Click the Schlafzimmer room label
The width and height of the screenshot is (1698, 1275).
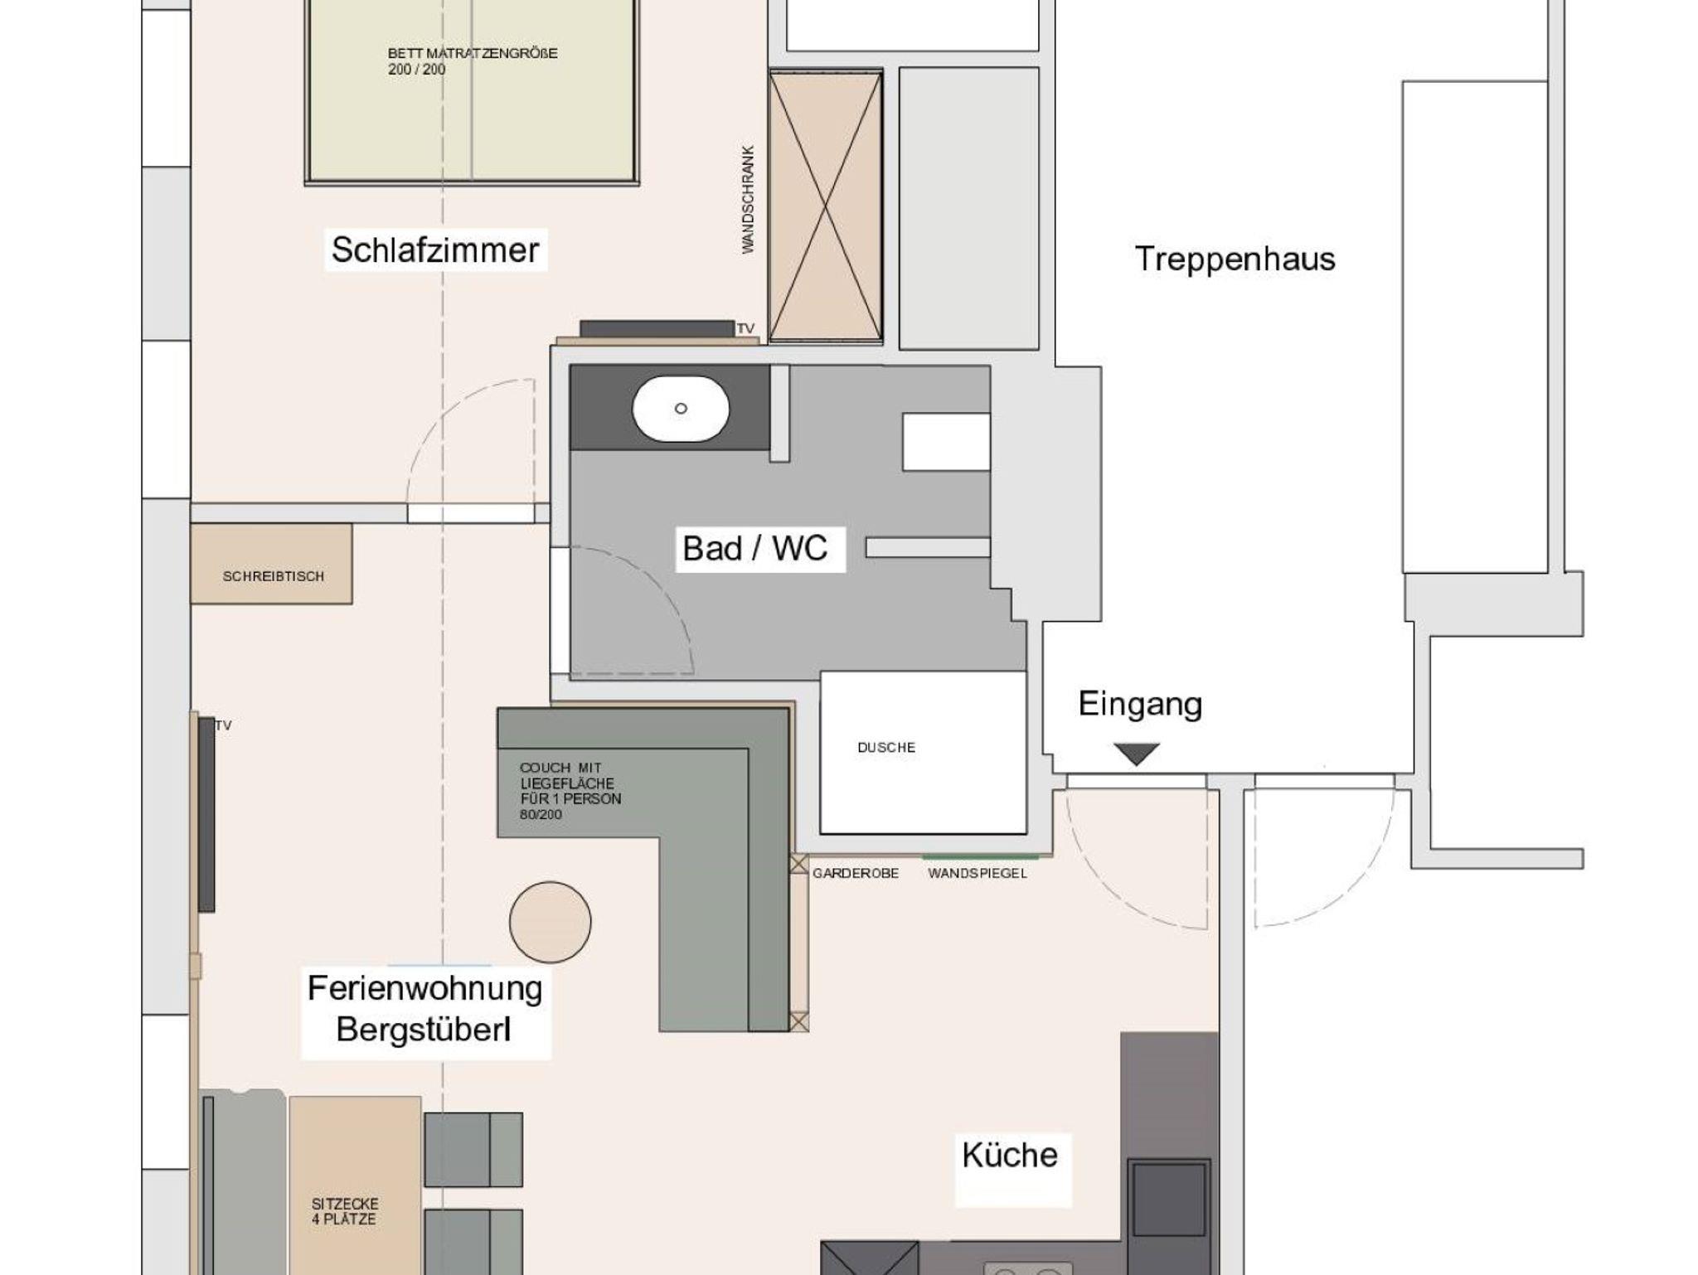pyautogui.click(x=435, y=250)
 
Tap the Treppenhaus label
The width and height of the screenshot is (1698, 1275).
pyautogui.click(x=1235, y=259)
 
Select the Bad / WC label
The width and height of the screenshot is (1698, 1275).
pyautogui.click(x=754, y=548)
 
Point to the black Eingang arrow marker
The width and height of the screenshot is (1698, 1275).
pyautogui.click(x=1136, y=754)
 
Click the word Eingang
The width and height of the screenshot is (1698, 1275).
pyautogui.click(x=1140, y=704)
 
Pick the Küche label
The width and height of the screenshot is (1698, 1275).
pyautogui.click(x=1010, y=1155)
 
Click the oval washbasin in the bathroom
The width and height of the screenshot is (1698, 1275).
pyautogui.click(x=681, y=409)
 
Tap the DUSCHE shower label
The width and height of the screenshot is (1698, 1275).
pyautogui.click(x=886, y=747)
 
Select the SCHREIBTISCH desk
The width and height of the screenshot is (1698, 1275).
pyautogui.click(x=271, y=564)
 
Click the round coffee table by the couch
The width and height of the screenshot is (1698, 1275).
pyautogui.click(x=550, y=922)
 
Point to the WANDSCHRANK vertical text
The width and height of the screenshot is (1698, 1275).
pyautogui.click(x=748, y=199)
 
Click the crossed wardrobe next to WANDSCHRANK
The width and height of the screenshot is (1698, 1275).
pyautogui.click(x=825, y=206)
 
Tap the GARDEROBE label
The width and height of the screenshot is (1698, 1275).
pyautogui.click(x=856, y=873)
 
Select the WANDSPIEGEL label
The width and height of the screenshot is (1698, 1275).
pyautogui.click(x=978, y=873)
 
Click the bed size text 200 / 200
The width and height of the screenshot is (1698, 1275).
pyautogui.click(x=416, y=70)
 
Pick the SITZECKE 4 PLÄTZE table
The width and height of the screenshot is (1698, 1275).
pyautogui.click(x=355, y=1185)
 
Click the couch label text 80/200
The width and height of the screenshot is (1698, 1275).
pyautogui.click(x=541, y=815)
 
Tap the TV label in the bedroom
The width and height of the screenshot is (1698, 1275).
pyautogui.click(x=745, y=329)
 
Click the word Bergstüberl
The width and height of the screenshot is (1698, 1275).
pyautogui.click(x=423, y=1030)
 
